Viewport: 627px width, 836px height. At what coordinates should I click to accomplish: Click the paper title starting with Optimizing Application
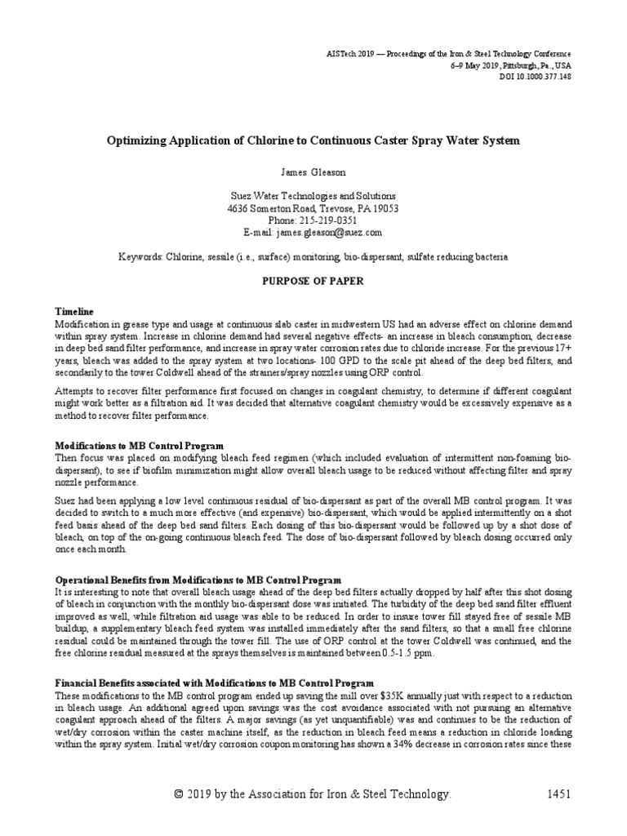[313, 140]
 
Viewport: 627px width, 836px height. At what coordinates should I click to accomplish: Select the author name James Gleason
[313, 173]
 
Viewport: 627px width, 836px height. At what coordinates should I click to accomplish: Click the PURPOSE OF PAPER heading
[313, 280]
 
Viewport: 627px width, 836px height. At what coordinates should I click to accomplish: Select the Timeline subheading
[74, 313]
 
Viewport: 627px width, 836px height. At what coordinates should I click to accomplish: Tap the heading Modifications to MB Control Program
[139, 447]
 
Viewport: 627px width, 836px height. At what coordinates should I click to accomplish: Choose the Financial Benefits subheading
[214, 683]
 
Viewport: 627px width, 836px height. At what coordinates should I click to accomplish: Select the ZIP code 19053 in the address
[385, 209]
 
